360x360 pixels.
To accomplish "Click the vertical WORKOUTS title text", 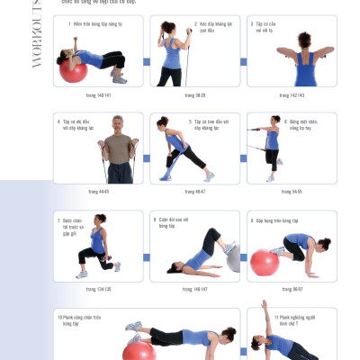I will (38, 45).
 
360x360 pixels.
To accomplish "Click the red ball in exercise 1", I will (74, 69).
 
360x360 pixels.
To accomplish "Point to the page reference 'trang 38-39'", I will (194, 94).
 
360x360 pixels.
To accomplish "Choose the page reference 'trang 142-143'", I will (290, 94).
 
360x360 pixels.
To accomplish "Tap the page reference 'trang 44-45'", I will (98, 192).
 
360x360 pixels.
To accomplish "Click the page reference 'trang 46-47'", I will (194, 192).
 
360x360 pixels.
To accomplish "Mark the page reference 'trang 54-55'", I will (290, 192).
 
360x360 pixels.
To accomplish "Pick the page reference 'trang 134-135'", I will (98, 290).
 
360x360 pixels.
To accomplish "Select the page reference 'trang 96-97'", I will (290, 290).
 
